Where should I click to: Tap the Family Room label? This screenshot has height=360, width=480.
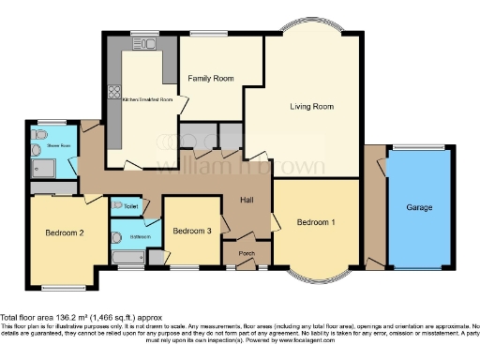pos(210,78)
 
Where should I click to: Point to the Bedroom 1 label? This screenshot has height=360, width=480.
pos(316,222)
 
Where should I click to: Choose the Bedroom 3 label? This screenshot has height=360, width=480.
pos(190,231)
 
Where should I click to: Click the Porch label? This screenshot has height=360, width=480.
pos(247,252)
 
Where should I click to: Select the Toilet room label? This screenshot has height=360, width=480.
pos(130,205)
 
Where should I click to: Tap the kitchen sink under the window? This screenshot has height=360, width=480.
pos(145,43)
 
